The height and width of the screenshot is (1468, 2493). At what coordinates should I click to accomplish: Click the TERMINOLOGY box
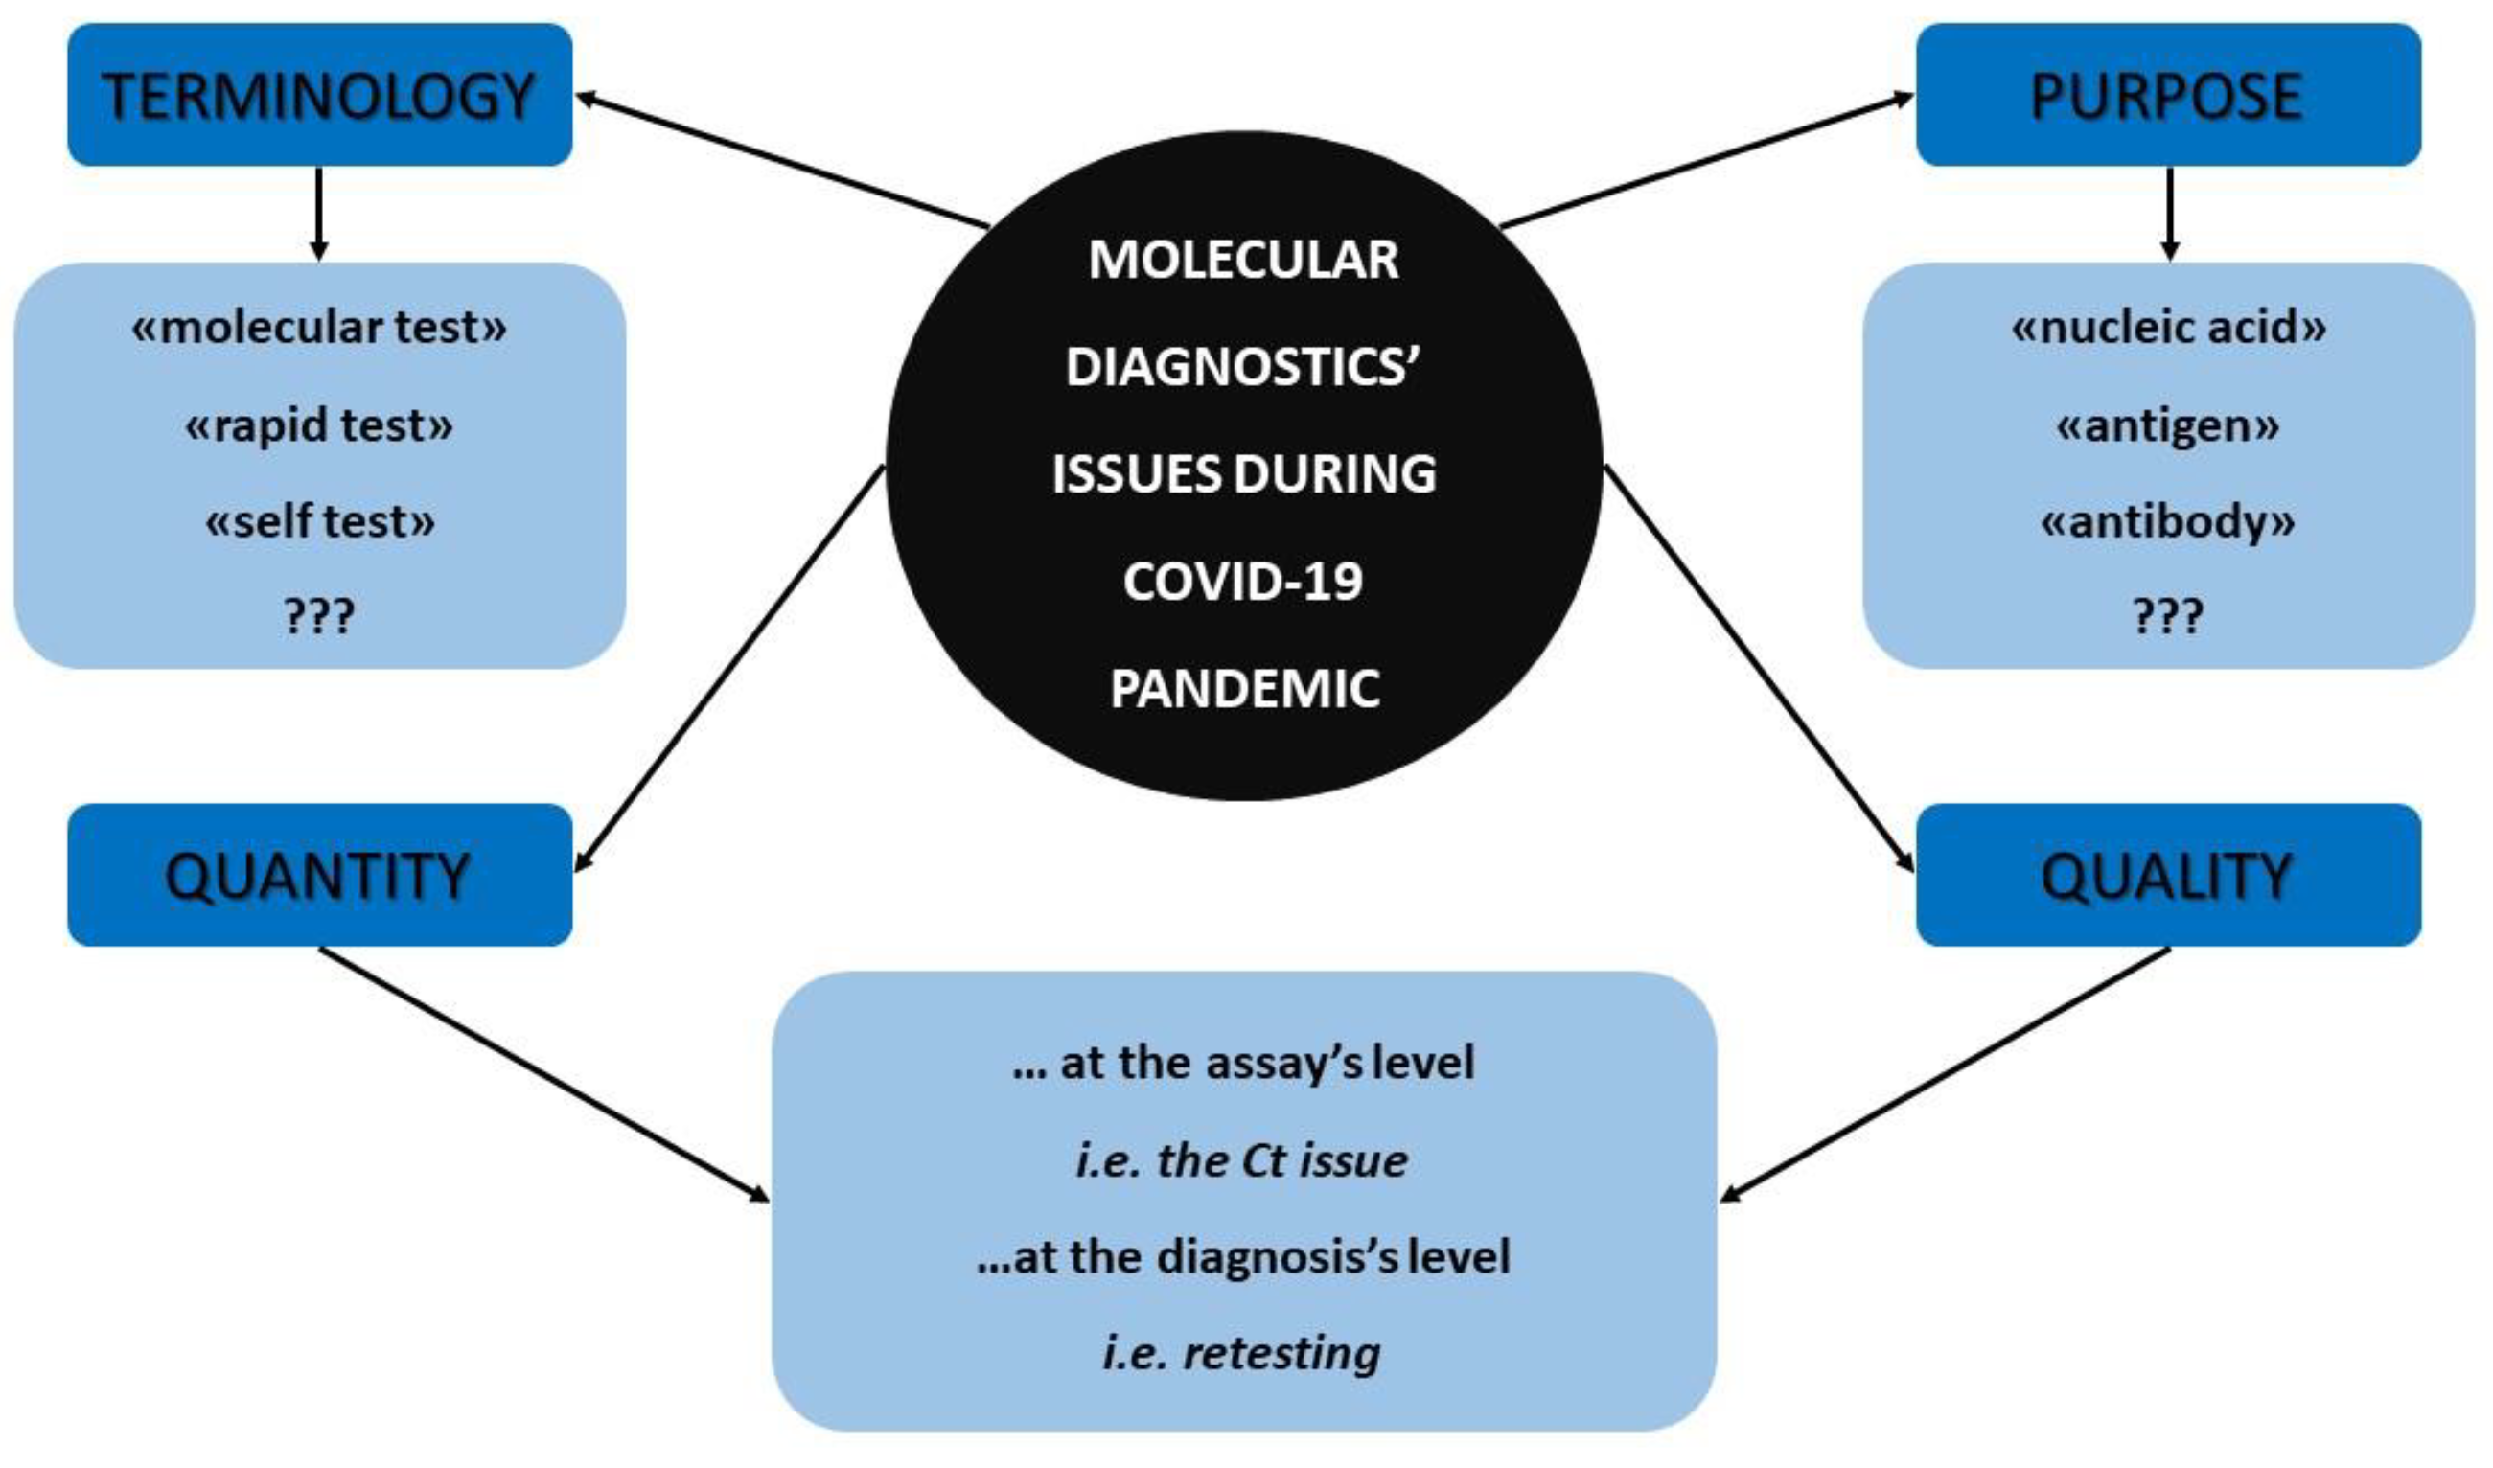(318, 96)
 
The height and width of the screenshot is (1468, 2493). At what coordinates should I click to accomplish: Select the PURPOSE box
(2166, 96)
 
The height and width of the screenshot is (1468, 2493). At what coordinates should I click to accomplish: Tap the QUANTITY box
(318, 876)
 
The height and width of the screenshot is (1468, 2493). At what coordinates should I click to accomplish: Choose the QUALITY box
(2166, 876)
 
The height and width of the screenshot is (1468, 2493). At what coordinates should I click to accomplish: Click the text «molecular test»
(318, 328)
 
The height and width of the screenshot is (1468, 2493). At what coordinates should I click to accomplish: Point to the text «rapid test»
(318, 425)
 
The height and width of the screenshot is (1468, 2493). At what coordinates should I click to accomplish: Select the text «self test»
(318, 521)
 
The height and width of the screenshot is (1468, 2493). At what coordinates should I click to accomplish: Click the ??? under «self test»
(318, 615)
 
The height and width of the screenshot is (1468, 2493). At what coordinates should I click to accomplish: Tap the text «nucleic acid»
(2168, 328)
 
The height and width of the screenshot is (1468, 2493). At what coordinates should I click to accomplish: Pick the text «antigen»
(2166, 425)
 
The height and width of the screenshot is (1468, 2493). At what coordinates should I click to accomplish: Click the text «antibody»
(2166, 521)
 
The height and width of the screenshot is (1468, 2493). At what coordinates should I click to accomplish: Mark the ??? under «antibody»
(2166, 615)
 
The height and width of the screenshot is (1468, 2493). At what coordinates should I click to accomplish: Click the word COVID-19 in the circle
(1242, 581)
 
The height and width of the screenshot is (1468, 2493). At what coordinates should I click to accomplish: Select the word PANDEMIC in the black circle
(1243, 689)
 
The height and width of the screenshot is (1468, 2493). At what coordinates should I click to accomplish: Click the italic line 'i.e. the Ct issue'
(1241, 1160)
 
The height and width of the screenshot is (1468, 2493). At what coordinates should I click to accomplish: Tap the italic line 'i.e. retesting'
(1241, 1352)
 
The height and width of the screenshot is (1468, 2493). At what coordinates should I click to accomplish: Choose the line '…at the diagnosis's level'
(1242, 1256)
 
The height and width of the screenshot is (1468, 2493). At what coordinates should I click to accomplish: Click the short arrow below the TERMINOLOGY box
(318, 214)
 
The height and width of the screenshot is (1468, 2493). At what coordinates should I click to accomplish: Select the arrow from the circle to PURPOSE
(1706, 161)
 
